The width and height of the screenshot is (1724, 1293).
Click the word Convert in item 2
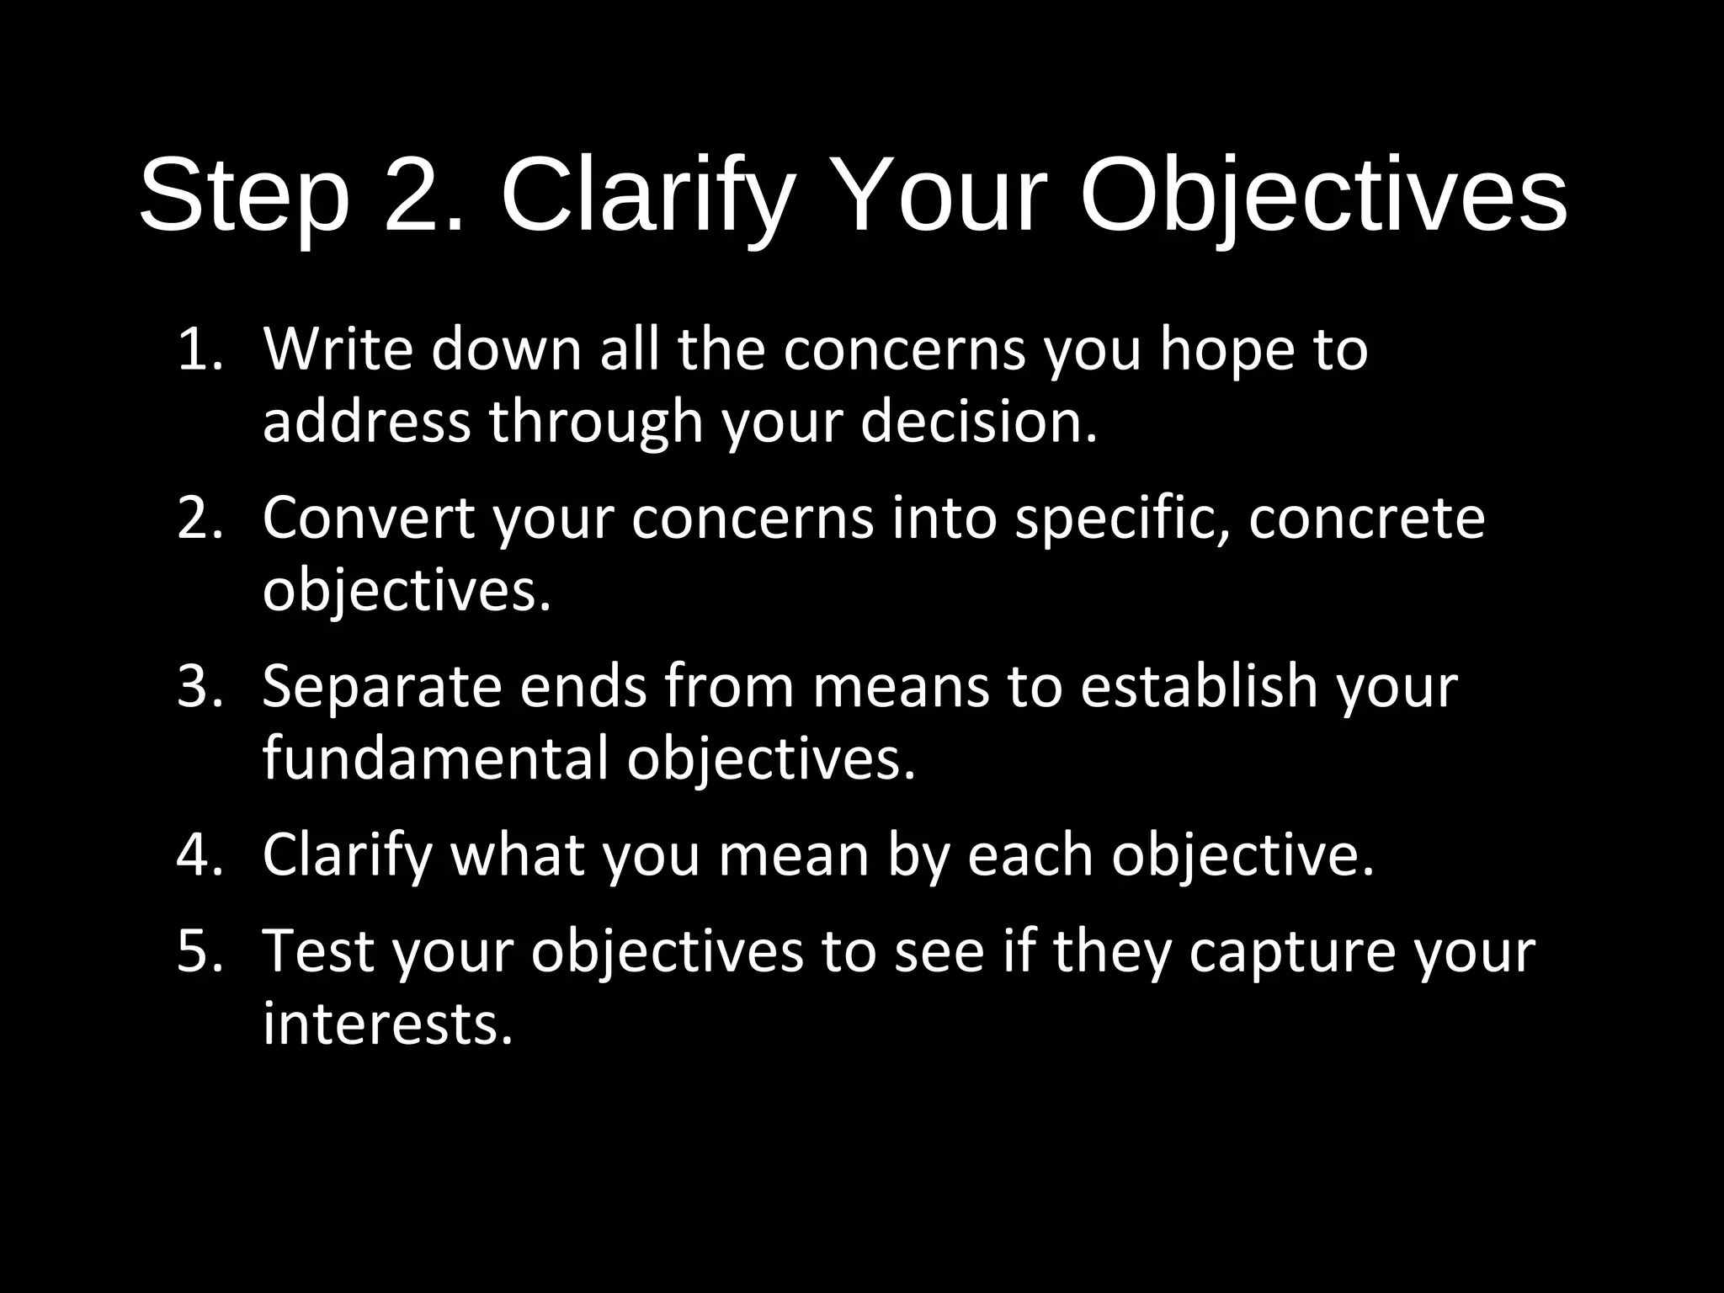click(x=369, y=518)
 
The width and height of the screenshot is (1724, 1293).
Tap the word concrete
click(x=1366, y=518)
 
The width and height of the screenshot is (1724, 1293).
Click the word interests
click(x=387, y=1024)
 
